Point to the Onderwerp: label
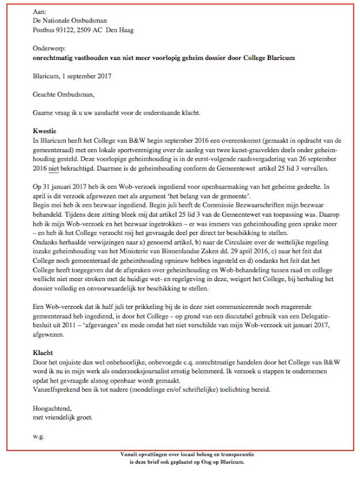(50, 49)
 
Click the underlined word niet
(55, 169)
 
